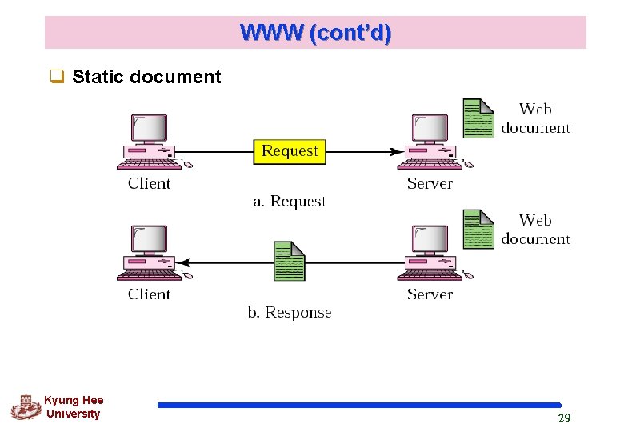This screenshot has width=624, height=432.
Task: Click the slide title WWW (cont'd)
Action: [x=315, y=33]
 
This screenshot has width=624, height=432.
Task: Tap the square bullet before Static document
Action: [x=57, y=78]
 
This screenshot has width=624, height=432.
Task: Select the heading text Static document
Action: [x=146, y=78]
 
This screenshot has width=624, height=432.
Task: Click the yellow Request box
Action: [x=290, y=151]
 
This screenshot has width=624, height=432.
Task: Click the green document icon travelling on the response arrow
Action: [x=290, y=261]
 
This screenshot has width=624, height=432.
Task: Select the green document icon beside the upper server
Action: [x=478, y=118]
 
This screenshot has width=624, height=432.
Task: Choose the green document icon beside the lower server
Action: [x=478, y=229]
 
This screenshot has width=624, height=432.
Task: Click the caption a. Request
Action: [x=290, y=202]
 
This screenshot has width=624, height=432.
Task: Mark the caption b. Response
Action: [x=290, y=313]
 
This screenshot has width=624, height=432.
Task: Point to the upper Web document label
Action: [x=535, y=118]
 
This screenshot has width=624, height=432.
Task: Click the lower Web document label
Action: [x=535, y=230]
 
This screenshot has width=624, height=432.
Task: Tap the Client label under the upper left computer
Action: [x=150, y=183]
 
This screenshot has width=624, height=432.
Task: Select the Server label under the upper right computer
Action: [x=430, y=183]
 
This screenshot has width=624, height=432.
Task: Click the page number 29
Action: [x=564, y=418]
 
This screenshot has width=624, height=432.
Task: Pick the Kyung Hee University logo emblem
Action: [x=26, y=407]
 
